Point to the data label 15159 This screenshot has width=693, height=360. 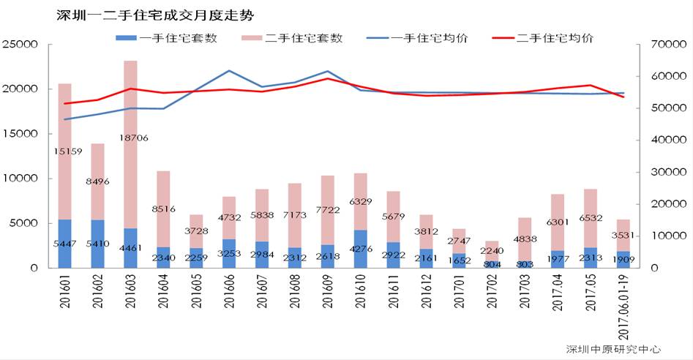tap(65, 151)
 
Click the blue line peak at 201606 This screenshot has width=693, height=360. tap(230, 71)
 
